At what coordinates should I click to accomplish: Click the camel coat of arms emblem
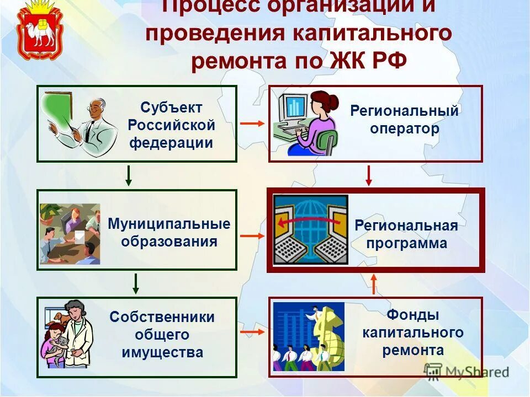[37, 32]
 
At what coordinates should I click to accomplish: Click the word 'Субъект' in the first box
[171, 107]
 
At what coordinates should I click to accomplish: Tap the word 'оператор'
[405, 129]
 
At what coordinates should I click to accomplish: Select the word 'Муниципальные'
[169, 224]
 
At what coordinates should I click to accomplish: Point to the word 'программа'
[406, 243]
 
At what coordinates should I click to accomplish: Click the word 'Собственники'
[162, 317]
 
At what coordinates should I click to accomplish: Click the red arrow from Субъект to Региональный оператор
[252, 124]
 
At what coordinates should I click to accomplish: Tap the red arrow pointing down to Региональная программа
[369, 175]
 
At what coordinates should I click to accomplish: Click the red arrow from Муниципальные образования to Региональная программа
[252, 236]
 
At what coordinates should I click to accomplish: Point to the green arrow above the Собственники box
[136, 283]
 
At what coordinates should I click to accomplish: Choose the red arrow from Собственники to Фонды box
[252, 332]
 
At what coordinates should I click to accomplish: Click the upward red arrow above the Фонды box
[374, 284]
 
